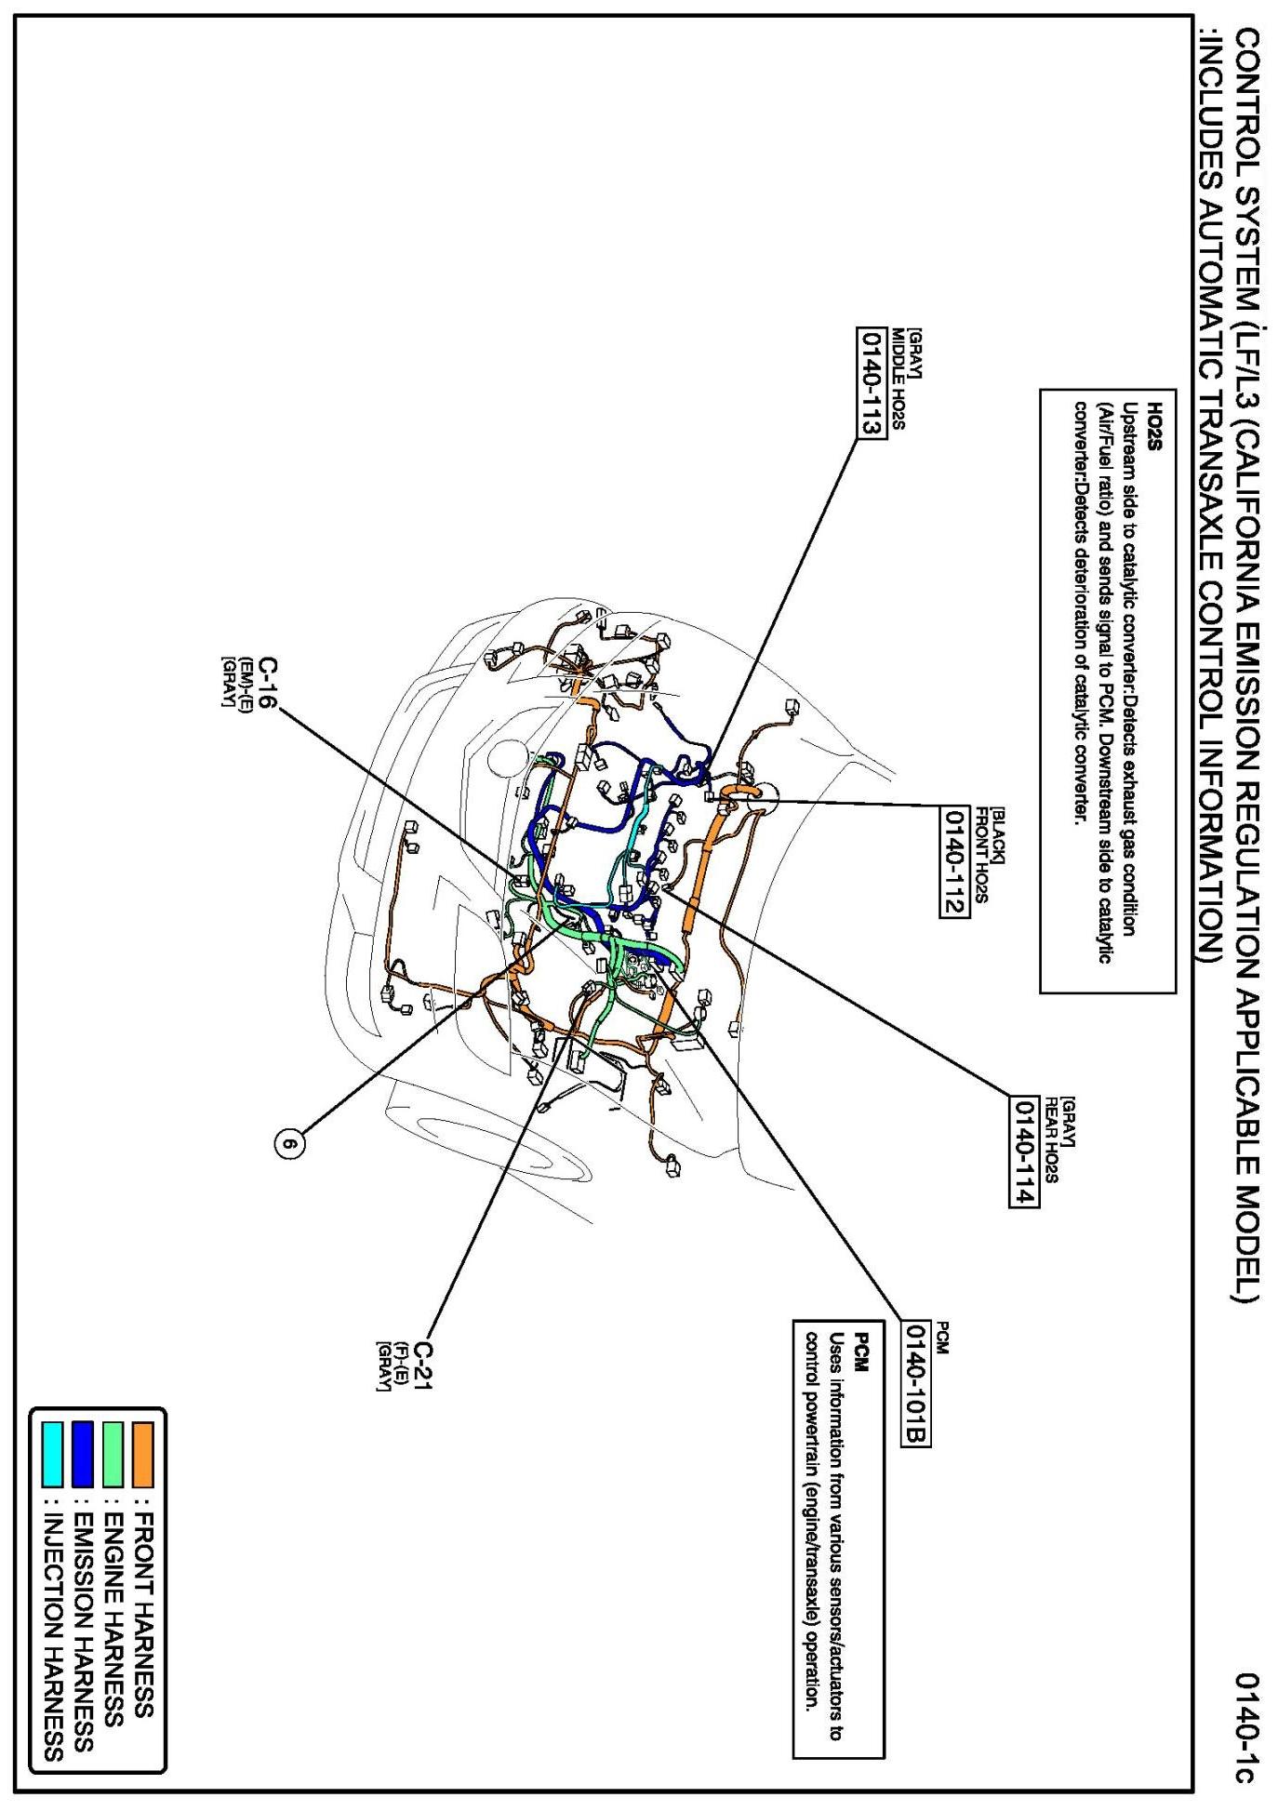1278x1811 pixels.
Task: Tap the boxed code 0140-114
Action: click(1022, 1151)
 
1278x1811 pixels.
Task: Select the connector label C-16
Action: click(266, 685)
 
